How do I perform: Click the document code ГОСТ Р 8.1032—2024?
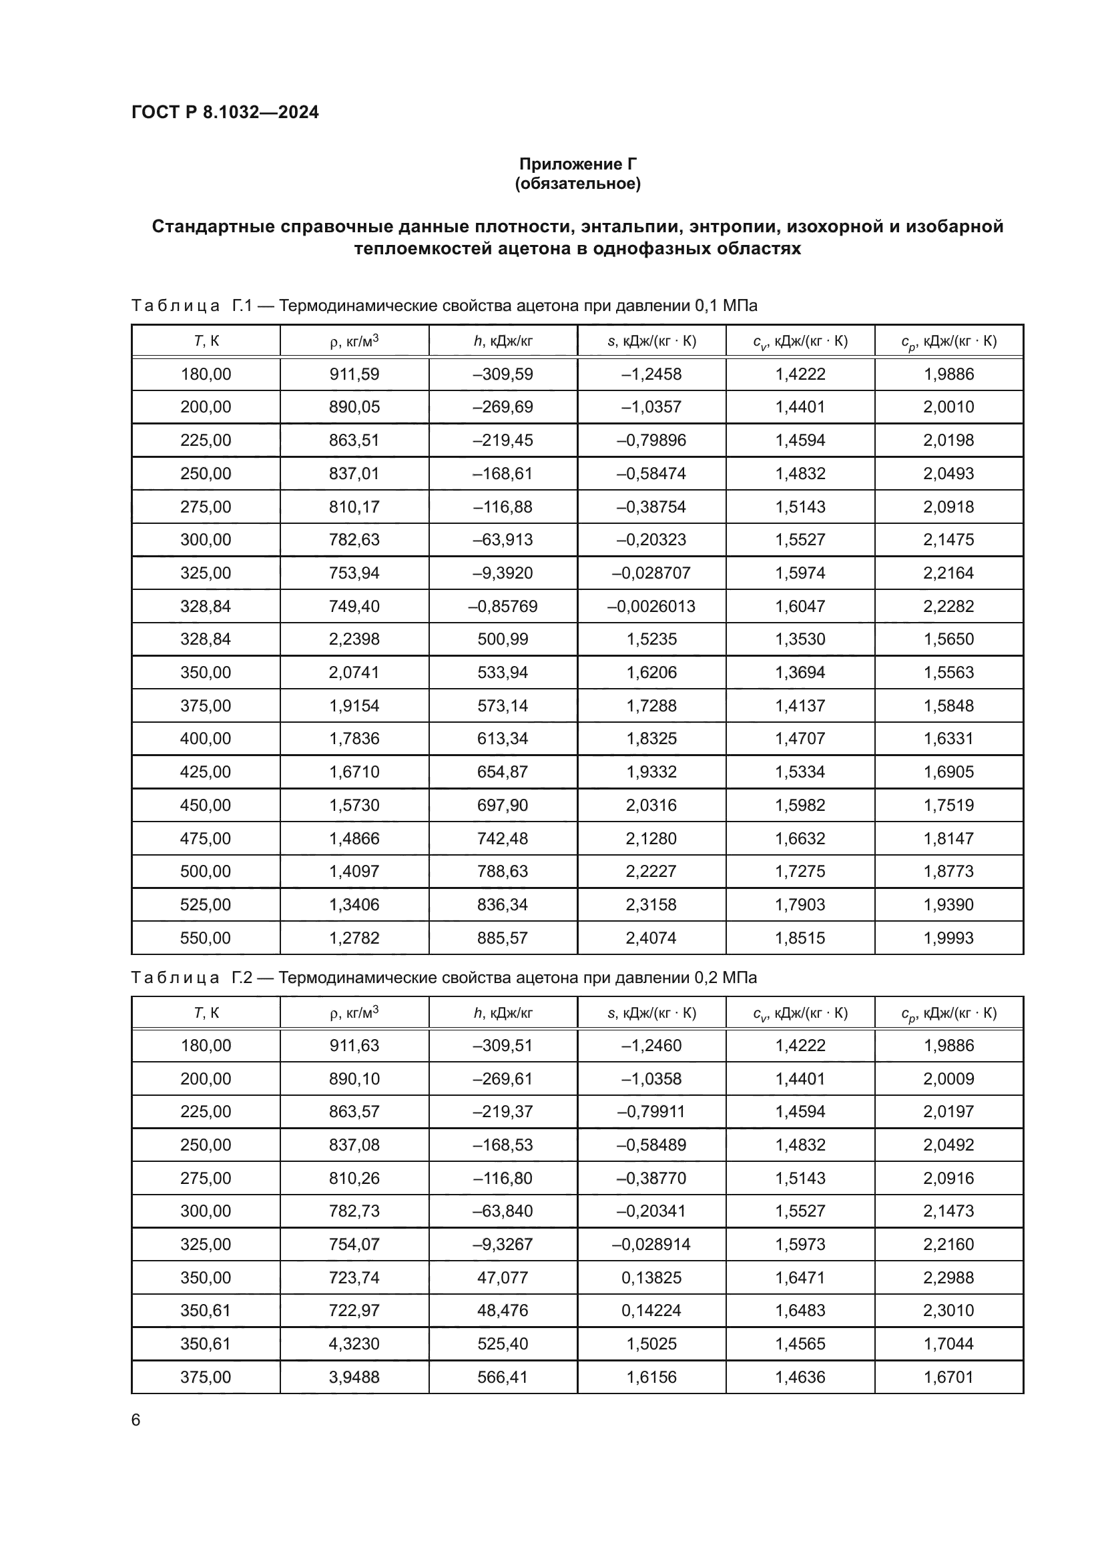[x=225, y=112]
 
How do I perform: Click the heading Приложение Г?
[x=578, y=164]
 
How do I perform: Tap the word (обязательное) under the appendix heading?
[x=578, y=184]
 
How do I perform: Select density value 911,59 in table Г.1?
[x=354, y=374]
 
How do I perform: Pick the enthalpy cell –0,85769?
[x=503, y=606]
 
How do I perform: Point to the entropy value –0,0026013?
[x=651, y=606]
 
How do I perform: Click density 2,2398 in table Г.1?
[x=354, y=639]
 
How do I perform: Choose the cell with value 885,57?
[x=503, y=938]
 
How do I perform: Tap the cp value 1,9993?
[x=948, y=938]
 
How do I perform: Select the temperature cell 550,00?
[x=206, y=938]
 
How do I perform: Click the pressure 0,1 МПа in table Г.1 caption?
[x=726, y=306]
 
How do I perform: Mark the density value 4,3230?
[x=354, y=1343]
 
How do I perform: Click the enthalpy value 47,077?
[x=503, y=1277]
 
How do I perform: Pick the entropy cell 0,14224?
[x=651, y=1310]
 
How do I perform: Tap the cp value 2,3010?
[x=948, y=1310]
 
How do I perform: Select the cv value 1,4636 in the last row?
[x=800, y=1377]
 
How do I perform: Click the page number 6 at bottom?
[x=135, y=1420]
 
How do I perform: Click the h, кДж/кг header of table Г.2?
[x=503, y=1013]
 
